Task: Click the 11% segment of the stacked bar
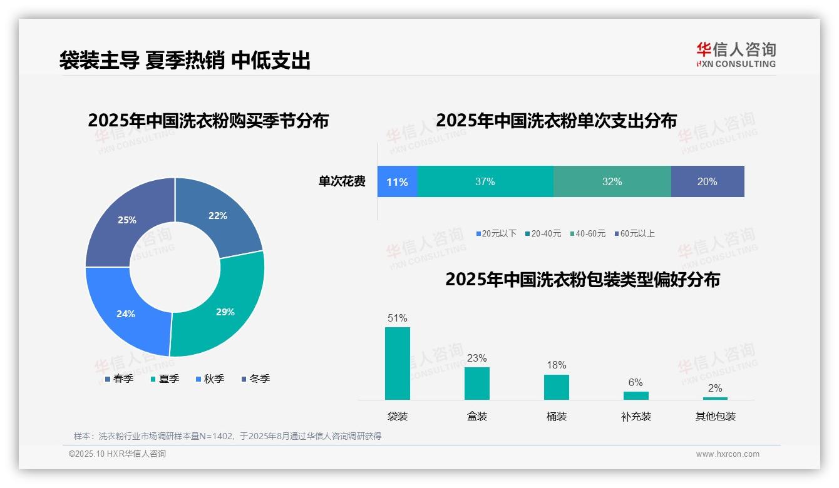pos(397,182)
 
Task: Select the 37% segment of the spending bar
pos(485,182)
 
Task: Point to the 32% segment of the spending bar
pos(612,182)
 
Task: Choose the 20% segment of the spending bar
pos(708,182)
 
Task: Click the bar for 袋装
pos(398,363)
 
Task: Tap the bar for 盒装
pos(477,383)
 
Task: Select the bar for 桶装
pos(557,387)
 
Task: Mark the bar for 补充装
pos(636,395)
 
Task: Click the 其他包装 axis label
pos(716,416)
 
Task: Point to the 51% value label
pos(398,318)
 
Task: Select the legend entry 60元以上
pos(637,233)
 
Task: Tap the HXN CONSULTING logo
pos(736,55)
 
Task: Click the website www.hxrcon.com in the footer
pos(728,454)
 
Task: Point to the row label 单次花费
pos(342,182)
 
